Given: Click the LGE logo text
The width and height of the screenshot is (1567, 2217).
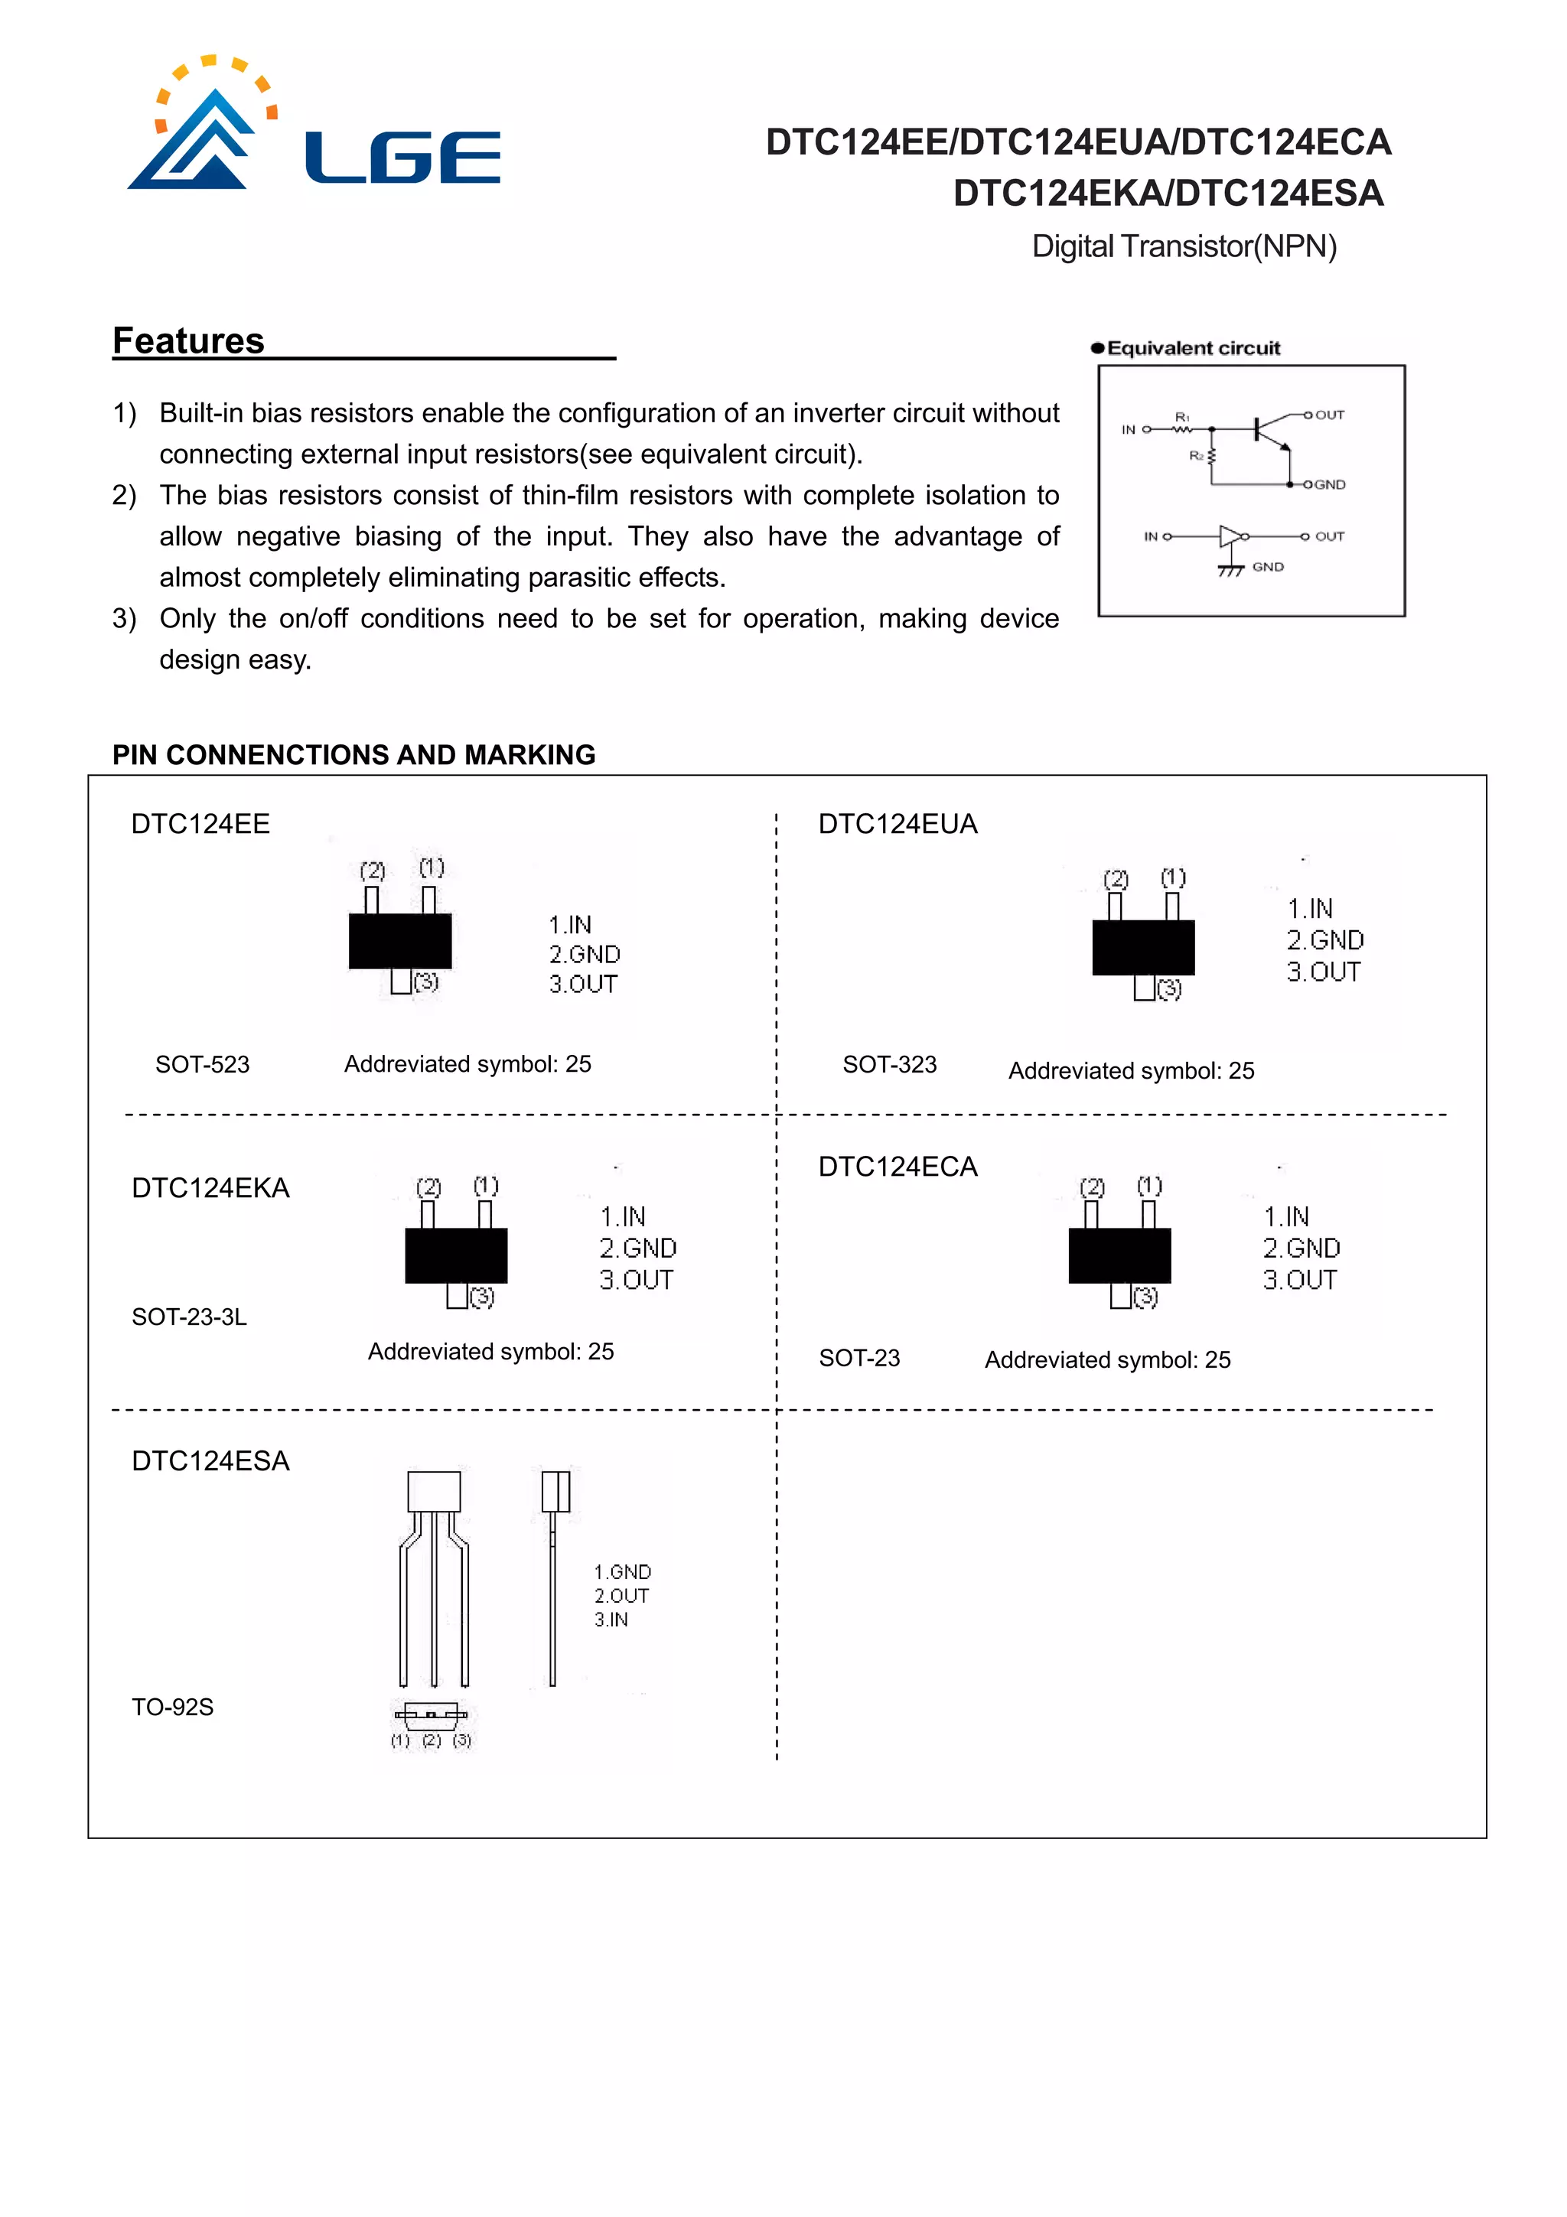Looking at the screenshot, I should tap(402, 158).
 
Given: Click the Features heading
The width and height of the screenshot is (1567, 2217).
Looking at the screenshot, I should tap(188, 341).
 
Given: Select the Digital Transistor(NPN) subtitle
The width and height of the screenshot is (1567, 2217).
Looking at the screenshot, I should tap(1184, 246).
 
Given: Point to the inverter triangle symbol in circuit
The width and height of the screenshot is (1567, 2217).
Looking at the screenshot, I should tap(1230, 536).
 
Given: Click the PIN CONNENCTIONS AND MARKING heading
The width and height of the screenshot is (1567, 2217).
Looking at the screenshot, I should tap(353, 754).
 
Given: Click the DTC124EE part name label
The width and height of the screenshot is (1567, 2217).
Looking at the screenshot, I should tap(200, 824).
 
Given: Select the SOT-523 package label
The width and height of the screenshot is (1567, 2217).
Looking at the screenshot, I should tap(202, 1064).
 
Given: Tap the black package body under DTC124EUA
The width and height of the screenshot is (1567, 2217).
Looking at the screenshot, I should tap(1142, 947).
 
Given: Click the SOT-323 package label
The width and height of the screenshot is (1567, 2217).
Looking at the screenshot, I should tap(889, 1064).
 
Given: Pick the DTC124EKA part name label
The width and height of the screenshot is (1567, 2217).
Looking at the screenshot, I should tap(210, 1187).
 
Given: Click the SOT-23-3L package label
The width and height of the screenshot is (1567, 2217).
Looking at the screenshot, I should tap(189, 1316).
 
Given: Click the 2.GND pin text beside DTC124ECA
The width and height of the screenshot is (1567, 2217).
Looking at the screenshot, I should tap(1301, 1248).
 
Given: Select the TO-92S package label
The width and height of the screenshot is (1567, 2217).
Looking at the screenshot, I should tap(173, 1708).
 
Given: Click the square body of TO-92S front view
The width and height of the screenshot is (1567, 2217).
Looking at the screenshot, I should tap(434, 1491).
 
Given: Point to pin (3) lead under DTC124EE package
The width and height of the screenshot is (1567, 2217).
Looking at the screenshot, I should tap(399, 981).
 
